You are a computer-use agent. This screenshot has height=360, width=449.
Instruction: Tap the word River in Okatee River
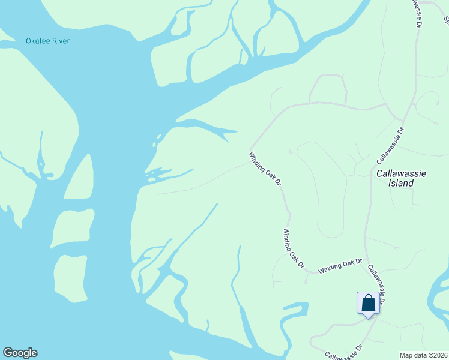click(x=61, y=41)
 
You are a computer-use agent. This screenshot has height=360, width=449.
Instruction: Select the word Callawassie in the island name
click(x=401, y=173)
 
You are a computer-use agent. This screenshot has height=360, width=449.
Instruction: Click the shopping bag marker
click(x=368, y=303)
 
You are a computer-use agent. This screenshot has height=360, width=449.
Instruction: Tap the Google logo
click(x=20, y=353)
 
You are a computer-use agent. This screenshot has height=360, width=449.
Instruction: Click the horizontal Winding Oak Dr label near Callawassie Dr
click(x=340, y=266)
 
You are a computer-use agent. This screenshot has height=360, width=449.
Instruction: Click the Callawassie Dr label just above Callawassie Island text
click(x=391, y=145)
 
